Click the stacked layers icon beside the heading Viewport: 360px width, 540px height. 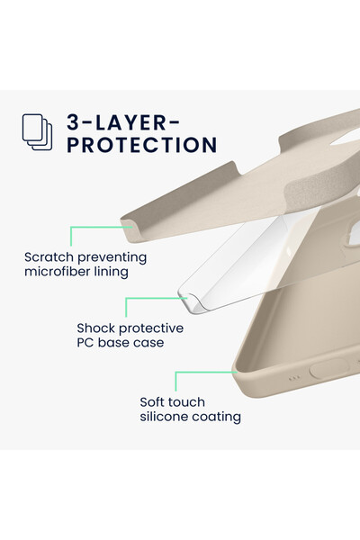coord(37,132)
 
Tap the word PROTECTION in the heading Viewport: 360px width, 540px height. coord(142,145)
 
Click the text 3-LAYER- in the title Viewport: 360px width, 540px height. coord(123,122)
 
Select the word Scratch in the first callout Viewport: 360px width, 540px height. coord(49,257)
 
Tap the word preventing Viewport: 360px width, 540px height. coord(112,258)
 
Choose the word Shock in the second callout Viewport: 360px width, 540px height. coord(95,328)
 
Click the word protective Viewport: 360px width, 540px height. coord(151,328)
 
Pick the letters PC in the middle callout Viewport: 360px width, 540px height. coord(85,343)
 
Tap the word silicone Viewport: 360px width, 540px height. coord(164,417)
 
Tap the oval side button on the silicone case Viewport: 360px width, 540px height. coord(329,369)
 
